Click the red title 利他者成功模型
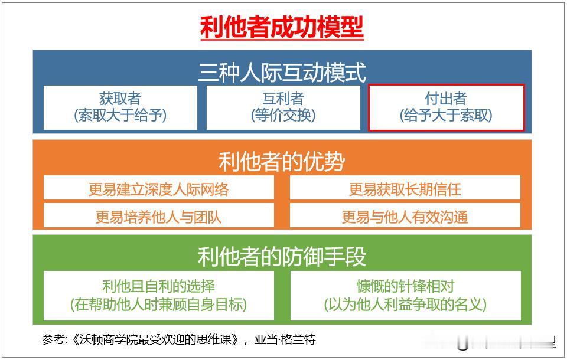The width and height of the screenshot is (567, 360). tap(282, 27)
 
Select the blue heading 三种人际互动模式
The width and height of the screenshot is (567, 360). tap(282, 73)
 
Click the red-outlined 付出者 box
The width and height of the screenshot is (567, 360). tap(446, 107)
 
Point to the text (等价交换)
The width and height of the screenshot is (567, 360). tap(283, 116)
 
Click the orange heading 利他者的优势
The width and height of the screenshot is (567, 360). tap(282, 162)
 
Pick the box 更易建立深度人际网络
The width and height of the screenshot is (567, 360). tap(158, 189)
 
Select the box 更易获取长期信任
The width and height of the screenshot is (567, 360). tap(405, 189)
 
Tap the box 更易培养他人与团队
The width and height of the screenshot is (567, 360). tap(158, 217)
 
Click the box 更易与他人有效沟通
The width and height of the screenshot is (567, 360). tap(405, 217)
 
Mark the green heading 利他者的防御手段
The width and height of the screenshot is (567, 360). tap(282, 256)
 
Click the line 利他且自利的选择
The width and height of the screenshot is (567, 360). tap(158, 287)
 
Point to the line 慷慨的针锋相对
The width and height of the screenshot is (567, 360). tap(405, 287)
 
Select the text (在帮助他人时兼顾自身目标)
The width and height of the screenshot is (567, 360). tap(158, 305)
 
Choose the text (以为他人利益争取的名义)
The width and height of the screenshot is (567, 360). tap(405, 305)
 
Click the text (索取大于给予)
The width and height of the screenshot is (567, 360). tap(120, 116)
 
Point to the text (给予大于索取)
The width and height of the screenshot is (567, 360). tap(446, 116)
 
